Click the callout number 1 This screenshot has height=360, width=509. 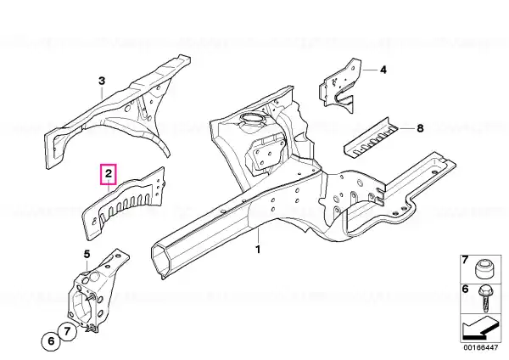(x=258, y=250)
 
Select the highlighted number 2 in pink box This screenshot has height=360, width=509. (x=109, y=174)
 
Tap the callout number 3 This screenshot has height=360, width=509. (x=102, y=81)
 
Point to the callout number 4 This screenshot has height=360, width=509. (x=383, y=70)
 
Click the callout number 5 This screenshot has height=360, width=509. (x=87, y=254)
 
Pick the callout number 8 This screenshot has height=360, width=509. (x=420, y=128)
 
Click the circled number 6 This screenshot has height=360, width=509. (x=51, y=341)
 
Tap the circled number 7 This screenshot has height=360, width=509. (x=67, y=331)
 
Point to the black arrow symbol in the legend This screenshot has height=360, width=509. (x=480, y=329)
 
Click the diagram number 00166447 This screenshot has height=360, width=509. (x=481, y=347)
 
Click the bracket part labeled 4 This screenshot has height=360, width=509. (x=339, y=84)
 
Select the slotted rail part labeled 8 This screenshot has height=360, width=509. (x=370, y=138)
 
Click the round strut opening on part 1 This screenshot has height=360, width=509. (x=252, y=119)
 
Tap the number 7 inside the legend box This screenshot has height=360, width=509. (x=465, y=260)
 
